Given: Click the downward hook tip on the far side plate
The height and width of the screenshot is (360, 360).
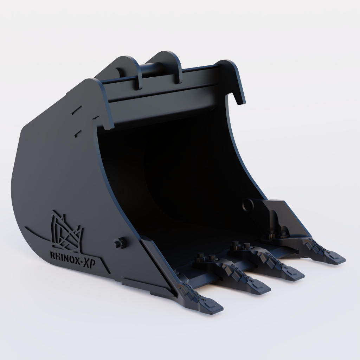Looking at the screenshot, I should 240,100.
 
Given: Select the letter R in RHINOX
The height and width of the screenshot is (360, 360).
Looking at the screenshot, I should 53,254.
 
